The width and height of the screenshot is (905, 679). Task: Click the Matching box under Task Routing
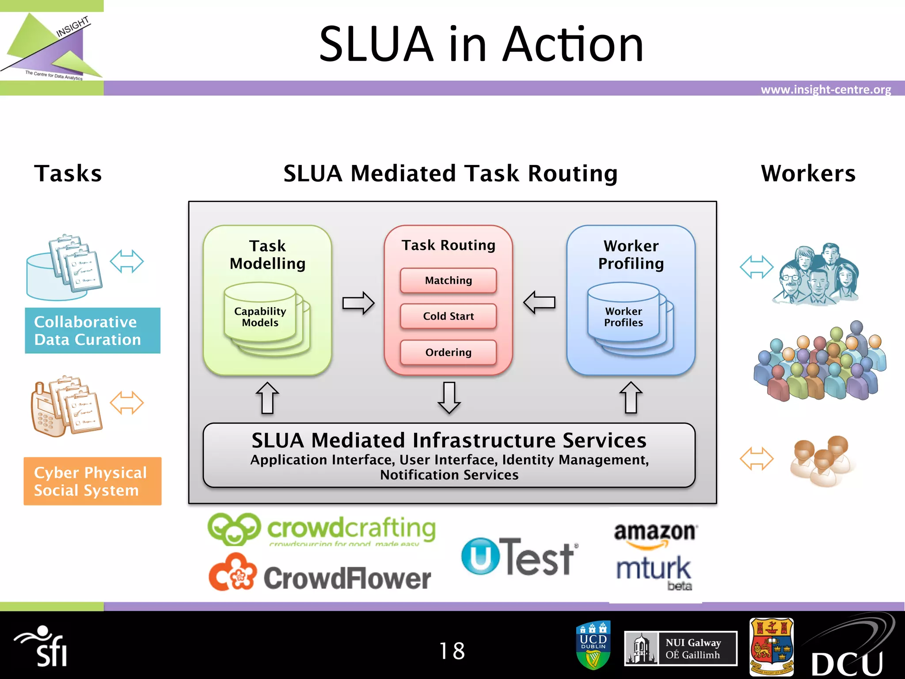tap(448, 280)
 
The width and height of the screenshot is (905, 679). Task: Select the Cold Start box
tap(448, 316)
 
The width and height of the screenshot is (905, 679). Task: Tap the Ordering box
tap(448, 352)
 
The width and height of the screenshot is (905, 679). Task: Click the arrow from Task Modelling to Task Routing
tap(358, 303)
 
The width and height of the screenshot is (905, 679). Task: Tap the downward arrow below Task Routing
tap(449, 397)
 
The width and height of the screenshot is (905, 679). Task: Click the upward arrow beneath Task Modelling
tap(267, 398)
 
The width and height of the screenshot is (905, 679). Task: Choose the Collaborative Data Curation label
tap(92, 331)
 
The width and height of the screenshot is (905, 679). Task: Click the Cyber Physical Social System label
tap(92, 481)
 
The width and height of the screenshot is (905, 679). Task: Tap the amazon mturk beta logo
tap(655, 557)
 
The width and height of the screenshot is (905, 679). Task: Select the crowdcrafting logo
tap(322, 529)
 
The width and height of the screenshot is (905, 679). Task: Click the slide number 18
tap(452, 651)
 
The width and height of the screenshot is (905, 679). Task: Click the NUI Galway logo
tap(681, 648)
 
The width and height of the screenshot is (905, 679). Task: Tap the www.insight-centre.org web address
tap(825, 90)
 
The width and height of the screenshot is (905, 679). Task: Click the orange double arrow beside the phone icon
tap(127, 403)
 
